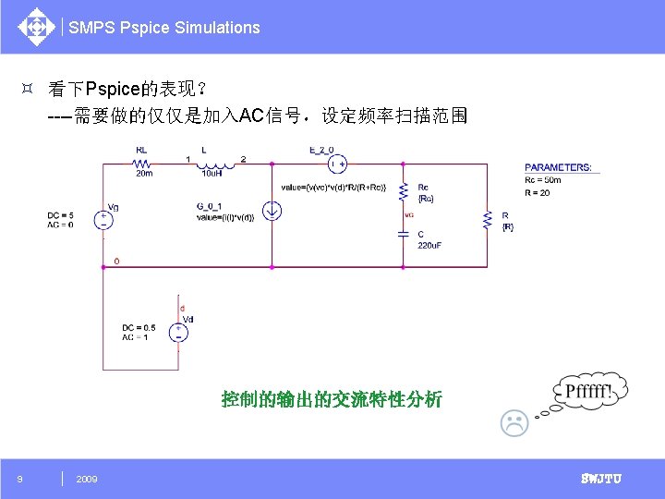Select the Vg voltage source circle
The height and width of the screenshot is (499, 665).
(x=103, y=220)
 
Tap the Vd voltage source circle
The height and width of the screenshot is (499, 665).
(x=177, y=331)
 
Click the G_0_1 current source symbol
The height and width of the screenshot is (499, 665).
(x=272, y=212)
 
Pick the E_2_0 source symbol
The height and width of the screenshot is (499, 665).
(x=336, y=163)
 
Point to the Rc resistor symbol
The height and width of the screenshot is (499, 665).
(x=403, y=192)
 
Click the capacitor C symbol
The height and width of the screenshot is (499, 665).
(x=403, y=234)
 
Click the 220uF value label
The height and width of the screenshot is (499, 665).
(x=430, y=245)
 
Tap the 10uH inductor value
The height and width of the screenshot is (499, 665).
(x=211, y=173)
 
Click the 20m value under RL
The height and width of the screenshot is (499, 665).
(x=144, y=173)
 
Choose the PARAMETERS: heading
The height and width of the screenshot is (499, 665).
(x=558, y=168)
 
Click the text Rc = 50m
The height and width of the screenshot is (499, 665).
(x=543, y=180)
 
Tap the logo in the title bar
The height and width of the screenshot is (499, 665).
(x=36, y=27)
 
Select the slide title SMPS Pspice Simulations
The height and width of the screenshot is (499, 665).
(x=164, y=28)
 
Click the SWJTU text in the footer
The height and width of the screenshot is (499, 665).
(x=600, y=479)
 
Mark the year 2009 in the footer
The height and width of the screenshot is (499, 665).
(x=87, y=479)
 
